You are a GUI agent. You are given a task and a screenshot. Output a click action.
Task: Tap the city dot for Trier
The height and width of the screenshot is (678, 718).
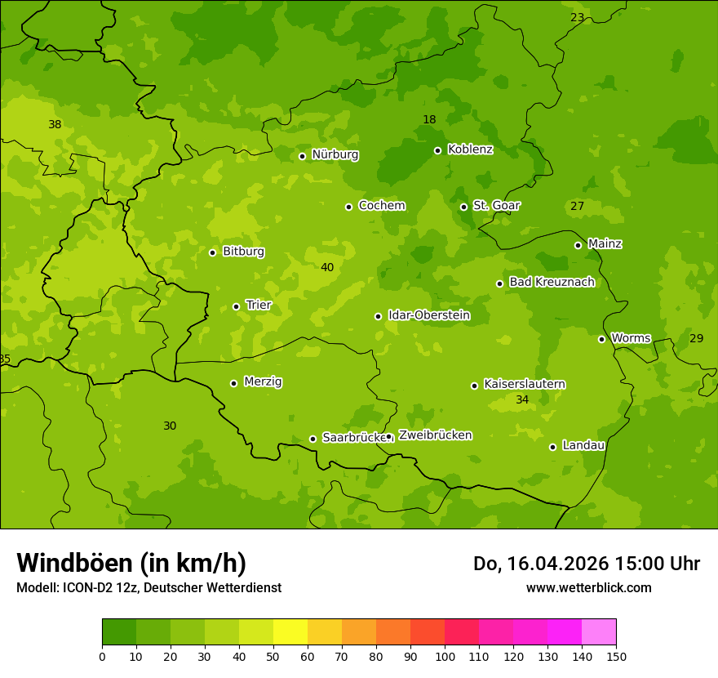point(237,306)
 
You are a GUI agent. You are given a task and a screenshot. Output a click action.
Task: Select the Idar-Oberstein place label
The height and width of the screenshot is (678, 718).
point(428,315)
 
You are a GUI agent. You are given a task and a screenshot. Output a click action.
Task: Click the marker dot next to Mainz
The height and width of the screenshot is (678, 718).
point(578,245)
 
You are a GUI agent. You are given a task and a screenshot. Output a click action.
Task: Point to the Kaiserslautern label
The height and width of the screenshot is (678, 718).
point(525,385)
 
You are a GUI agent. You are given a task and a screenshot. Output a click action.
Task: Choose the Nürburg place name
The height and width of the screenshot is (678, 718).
point(335,154)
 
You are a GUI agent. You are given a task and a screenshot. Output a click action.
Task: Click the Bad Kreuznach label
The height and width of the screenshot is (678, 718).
point(552,283)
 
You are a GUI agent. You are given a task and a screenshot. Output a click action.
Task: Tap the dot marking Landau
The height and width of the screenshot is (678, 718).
point(552,447)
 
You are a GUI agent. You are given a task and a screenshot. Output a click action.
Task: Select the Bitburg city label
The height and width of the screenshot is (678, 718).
point(243,252)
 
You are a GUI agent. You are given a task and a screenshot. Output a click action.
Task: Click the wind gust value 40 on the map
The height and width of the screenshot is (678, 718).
point(327,268)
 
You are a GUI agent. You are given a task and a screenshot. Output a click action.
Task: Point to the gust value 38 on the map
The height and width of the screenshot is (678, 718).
point(55,125)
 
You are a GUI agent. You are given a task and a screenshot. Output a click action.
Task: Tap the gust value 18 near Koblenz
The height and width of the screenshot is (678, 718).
point(429,120)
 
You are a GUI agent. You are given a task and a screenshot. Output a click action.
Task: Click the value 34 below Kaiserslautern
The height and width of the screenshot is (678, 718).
point(522,400)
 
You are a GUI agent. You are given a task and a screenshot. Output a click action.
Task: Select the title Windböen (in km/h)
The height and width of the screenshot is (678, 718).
point(131,563)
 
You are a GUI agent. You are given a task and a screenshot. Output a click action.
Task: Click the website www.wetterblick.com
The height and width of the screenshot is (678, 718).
point(588,588)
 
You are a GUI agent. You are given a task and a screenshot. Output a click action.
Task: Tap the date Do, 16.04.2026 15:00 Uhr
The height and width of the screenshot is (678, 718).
point(586,564)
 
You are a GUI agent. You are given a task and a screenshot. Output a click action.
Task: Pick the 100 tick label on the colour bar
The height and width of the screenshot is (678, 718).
point(445,657)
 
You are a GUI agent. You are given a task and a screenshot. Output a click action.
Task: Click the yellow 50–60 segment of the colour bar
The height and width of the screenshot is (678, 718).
point(290,632)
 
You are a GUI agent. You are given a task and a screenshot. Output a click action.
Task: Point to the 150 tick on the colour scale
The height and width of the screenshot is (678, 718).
point(616,657)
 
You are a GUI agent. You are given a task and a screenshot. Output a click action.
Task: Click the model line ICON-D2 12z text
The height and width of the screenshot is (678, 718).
point(148,588)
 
